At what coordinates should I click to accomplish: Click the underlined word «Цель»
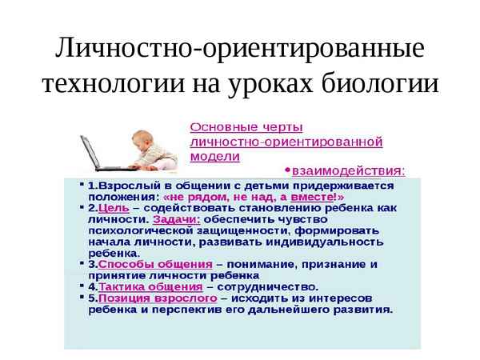[x=111, y=206]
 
